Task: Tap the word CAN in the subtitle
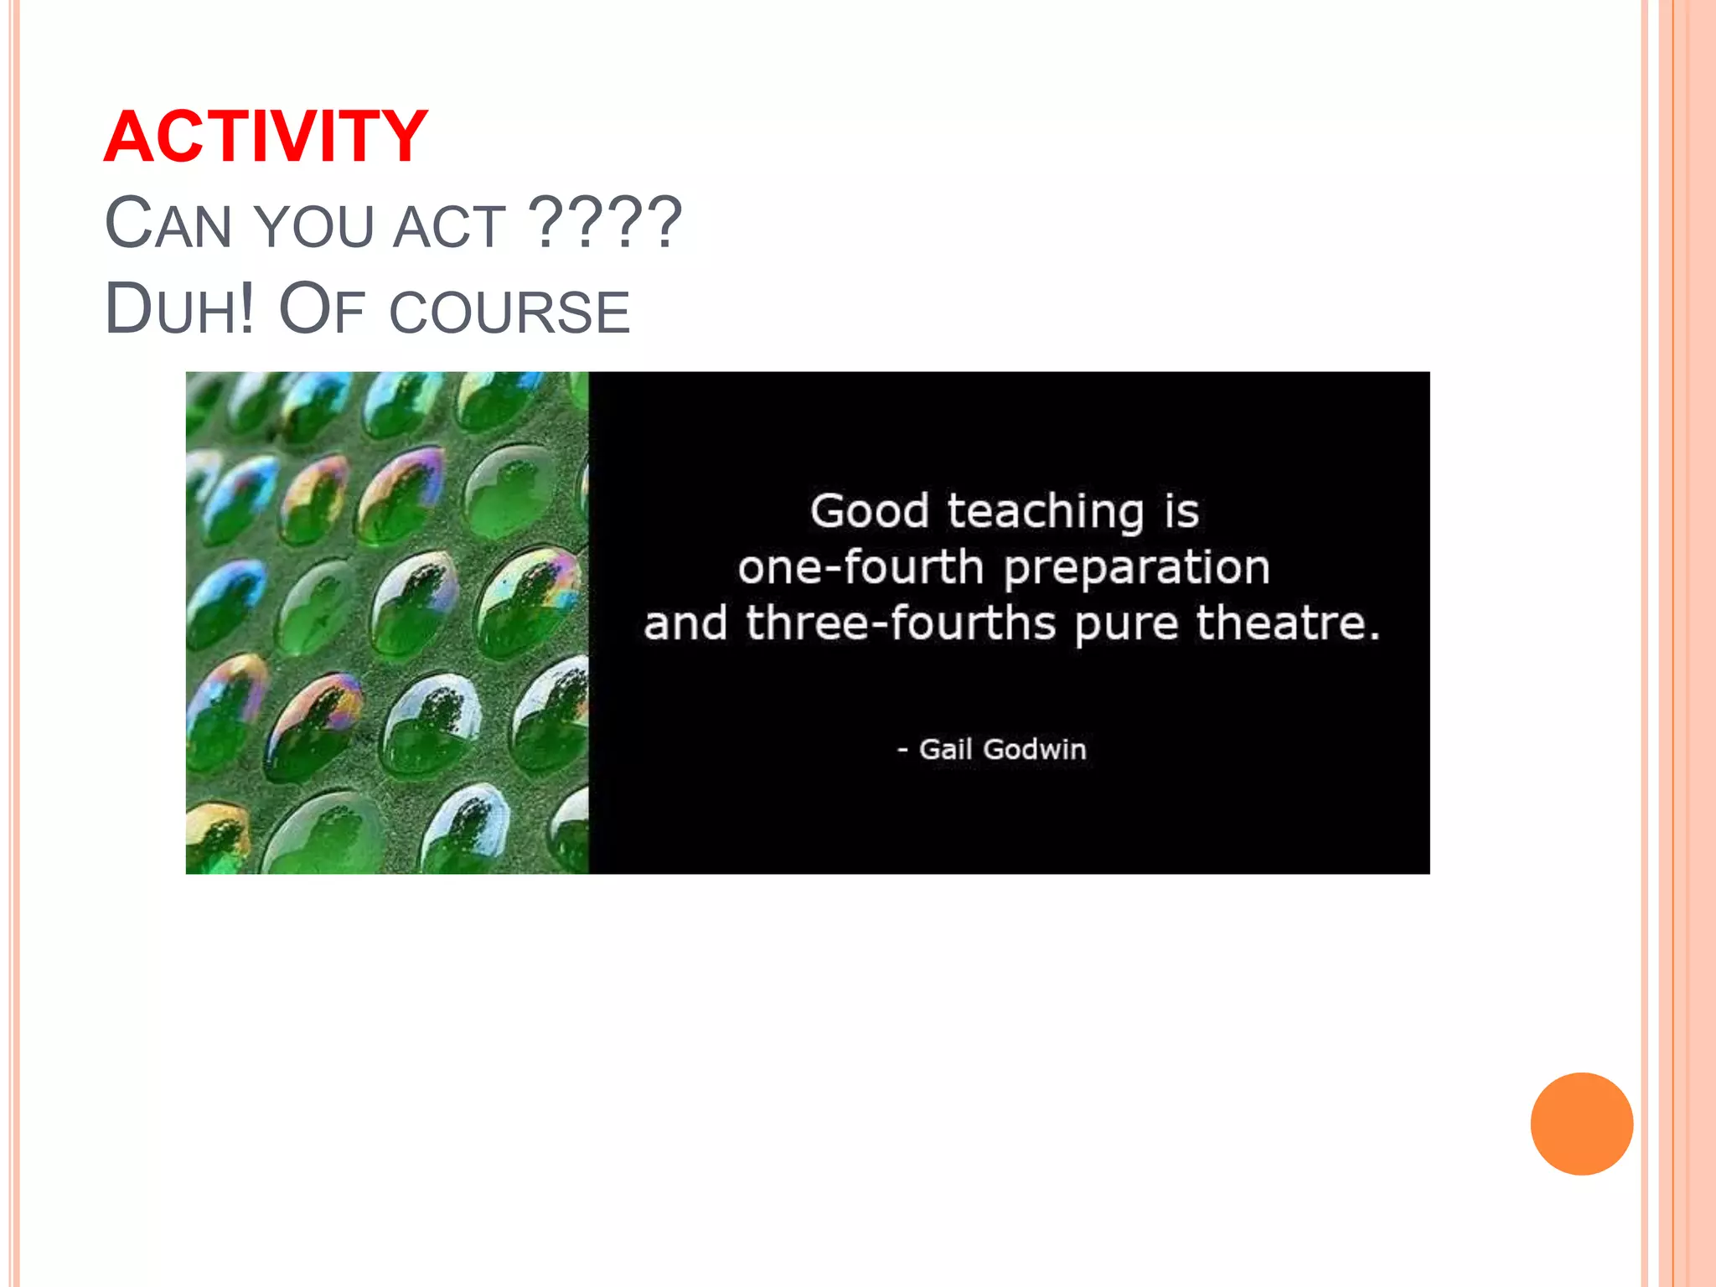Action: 168,224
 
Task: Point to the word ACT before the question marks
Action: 449,226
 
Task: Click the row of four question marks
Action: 607,222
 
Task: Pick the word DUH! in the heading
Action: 179,309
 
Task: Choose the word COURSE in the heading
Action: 509,312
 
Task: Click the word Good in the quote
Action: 869,511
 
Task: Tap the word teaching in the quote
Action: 1046,513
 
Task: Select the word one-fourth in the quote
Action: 861,567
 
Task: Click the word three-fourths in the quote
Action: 901,623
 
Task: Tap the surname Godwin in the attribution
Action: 1035,749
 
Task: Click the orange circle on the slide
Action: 1581,1124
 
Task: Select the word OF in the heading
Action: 321,309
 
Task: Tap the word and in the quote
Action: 685,624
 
